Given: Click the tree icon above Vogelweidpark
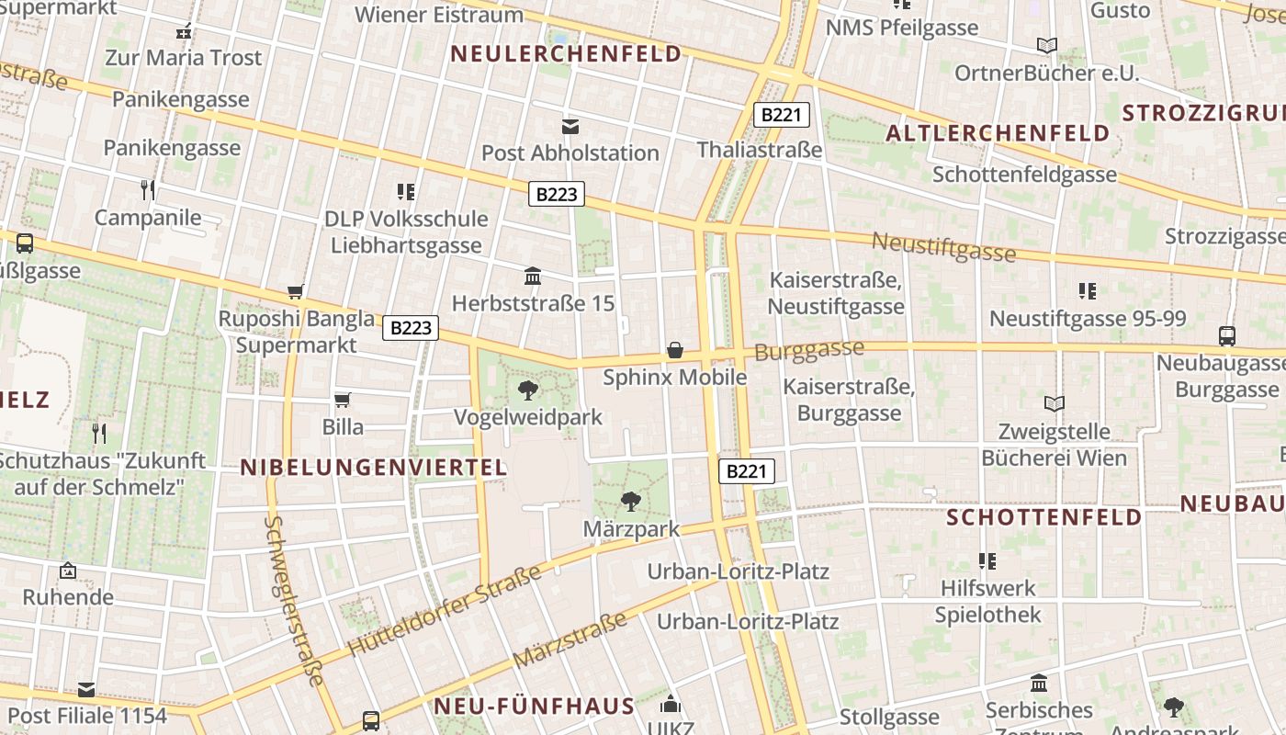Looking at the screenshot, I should [528, 390].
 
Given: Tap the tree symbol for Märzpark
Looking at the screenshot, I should [630, 502].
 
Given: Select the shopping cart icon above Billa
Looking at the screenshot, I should [343, 400].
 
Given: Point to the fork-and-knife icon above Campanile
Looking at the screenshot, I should [147, 190].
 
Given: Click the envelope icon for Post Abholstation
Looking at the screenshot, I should [570, 127].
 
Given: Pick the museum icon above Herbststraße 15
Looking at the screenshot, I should [532, 276].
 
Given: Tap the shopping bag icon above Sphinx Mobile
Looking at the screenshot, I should [675, 350].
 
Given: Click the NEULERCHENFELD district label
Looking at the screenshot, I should [567, 54].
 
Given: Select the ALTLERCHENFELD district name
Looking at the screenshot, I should [998, 133].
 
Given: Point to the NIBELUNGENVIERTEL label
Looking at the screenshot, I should [373, 468].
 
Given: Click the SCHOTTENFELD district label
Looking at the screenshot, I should [1043, 517].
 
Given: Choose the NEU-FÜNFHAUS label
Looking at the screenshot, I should [534, 707].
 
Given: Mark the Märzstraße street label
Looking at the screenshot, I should [570, 640].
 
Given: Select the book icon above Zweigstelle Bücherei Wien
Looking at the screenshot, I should [1055, 403].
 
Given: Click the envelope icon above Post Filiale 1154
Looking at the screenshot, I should [86, 689].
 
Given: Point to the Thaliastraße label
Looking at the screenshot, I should [759, 150].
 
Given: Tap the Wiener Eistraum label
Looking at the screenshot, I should [439, 15].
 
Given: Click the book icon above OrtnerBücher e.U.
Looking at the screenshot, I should [1046, 45].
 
